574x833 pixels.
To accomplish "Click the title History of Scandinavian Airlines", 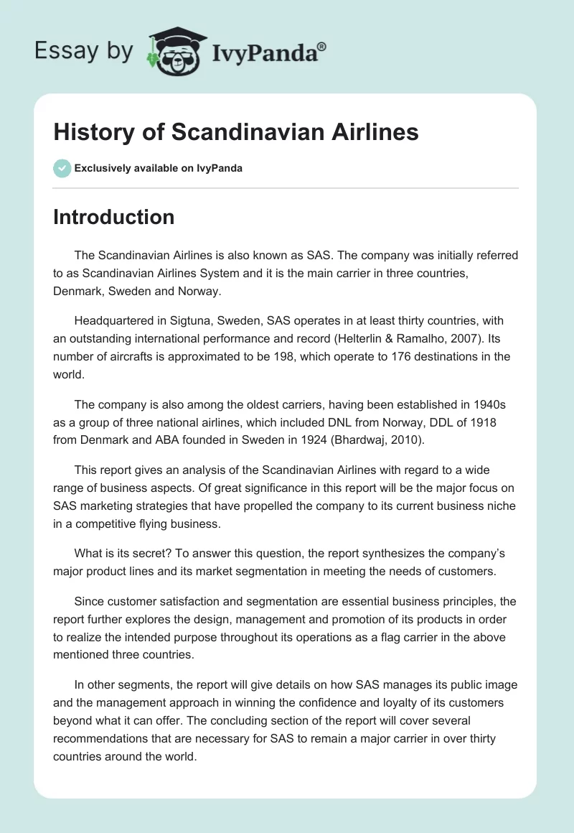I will pos(236,132).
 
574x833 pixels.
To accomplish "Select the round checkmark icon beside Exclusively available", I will pos(62,168).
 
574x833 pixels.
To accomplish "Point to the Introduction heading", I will pos(113,217).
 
